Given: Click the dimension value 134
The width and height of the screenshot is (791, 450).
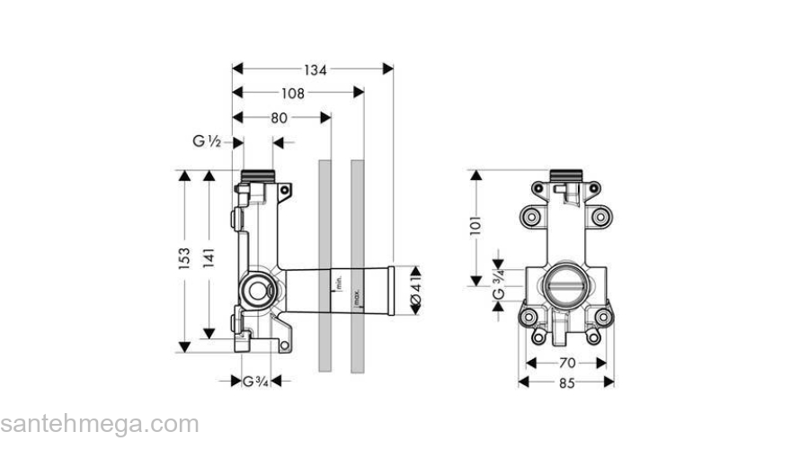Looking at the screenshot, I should pos(314,69).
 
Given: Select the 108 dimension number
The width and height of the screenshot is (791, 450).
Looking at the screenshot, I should pos(292,93).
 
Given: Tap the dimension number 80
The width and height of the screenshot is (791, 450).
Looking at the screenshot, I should pos(280,117).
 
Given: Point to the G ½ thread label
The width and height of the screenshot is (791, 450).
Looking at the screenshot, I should pos(207,141).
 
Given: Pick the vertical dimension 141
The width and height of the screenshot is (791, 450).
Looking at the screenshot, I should pos(209,259).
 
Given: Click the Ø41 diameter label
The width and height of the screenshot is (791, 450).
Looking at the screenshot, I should pos(415,290).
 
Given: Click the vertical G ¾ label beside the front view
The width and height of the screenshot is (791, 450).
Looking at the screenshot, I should pos(498,280).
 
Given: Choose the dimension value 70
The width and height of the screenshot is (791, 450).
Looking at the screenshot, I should pos(566,364).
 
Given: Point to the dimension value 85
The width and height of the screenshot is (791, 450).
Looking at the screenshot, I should pos(566,382).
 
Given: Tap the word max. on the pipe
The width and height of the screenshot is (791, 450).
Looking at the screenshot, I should pos(357,300).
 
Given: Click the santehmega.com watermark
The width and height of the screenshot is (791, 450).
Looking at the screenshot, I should pos(99,424).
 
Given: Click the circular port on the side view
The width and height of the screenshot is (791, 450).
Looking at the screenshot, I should pos(258,290).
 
